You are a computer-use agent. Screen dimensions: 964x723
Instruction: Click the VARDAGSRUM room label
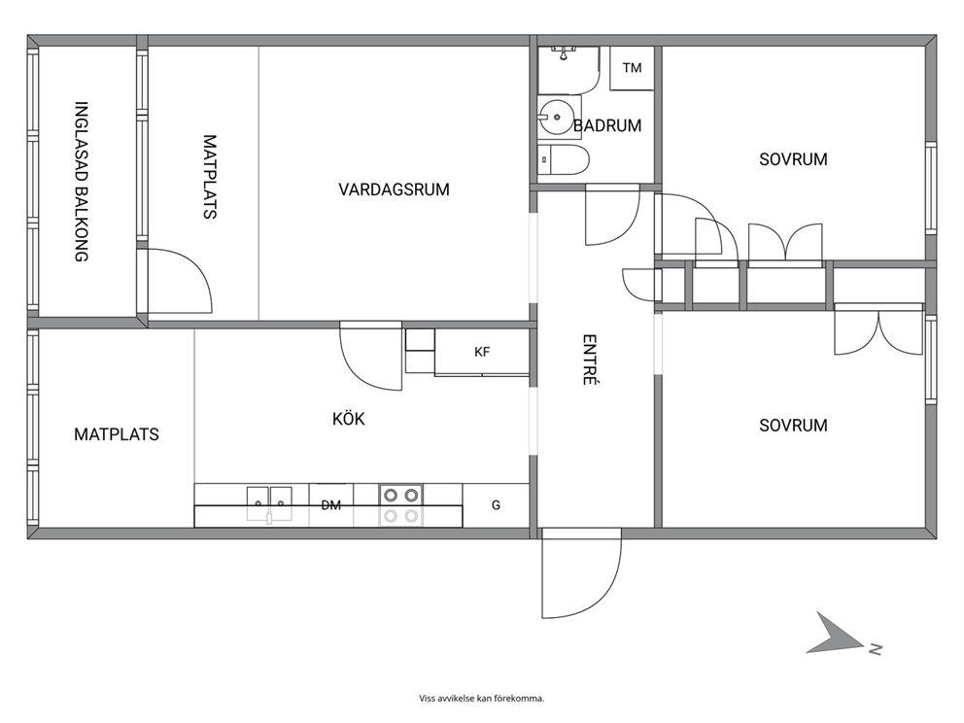tap(395, 189)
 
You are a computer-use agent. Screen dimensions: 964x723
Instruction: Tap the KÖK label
tap(349, 419)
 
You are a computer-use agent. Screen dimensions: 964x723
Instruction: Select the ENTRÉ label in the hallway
tap(590, 360)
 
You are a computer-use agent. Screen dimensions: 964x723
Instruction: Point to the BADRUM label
tap(607, 125)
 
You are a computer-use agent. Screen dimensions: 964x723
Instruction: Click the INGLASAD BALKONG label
tap(82, 182)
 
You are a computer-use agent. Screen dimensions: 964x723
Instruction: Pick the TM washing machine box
tap(632, 68)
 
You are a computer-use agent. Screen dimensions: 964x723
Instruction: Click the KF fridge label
tap(482, 352)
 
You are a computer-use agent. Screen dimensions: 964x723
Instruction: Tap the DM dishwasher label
tap(330, 505)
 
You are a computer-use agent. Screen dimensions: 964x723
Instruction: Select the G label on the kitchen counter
tap(497, 505)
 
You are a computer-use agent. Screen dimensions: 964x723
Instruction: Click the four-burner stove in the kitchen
tap(400, 504)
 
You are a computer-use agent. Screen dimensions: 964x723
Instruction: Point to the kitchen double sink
tap(269, 504)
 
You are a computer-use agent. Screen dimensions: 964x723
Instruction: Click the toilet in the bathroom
tap(564, 159)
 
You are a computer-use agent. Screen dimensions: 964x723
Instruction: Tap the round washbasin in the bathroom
tap(557, 117)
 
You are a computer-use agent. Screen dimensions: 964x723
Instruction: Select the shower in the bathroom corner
tap(568, 70)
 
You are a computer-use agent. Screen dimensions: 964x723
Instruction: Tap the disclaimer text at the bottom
tap(482, 698)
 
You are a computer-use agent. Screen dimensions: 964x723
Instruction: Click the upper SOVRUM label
tap(793, 159)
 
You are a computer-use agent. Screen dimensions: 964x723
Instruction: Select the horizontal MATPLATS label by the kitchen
tap(117, 434)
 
